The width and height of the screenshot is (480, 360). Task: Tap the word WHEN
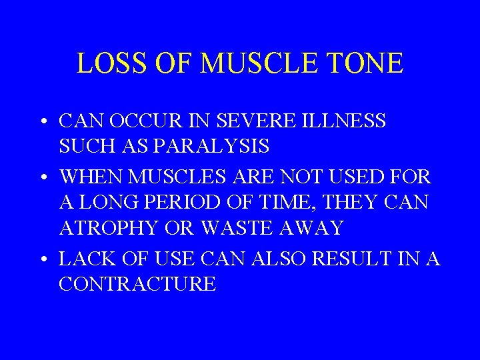tap(93, 177)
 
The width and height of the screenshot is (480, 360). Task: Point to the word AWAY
tap(313, 228)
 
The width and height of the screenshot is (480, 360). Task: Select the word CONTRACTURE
tap(137, 284)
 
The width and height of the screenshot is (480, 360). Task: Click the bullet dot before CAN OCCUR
tap(43, 123)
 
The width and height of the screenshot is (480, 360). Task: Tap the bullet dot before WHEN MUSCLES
tap(43, 179)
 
